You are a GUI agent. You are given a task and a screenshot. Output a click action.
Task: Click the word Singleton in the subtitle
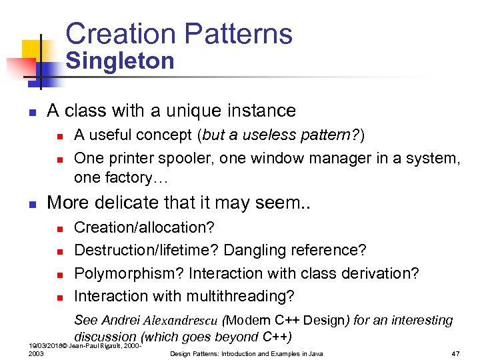coord(120,61)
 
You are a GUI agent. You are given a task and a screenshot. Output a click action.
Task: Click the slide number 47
coord(457,353)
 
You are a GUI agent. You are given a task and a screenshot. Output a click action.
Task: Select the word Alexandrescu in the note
coord(181,320)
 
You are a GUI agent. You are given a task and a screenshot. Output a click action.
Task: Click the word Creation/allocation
coord(144,227)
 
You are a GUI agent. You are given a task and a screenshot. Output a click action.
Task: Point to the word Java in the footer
coord(315,353)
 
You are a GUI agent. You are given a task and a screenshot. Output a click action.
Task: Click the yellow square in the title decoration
coord(32,50)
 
